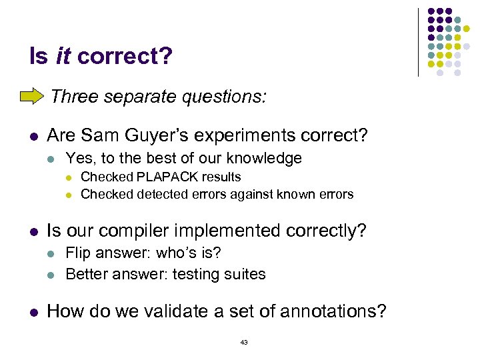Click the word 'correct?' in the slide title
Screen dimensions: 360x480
[125, 56]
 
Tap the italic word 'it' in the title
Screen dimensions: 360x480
[63, 56]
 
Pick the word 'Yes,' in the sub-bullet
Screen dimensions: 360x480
[80, 158]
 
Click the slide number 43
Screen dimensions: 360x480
[243, 342]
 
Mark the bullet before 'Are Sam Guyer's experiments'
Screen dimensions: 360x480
[33, 136]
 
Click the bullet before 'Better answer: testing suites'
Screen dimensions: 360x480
[53, 274]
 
